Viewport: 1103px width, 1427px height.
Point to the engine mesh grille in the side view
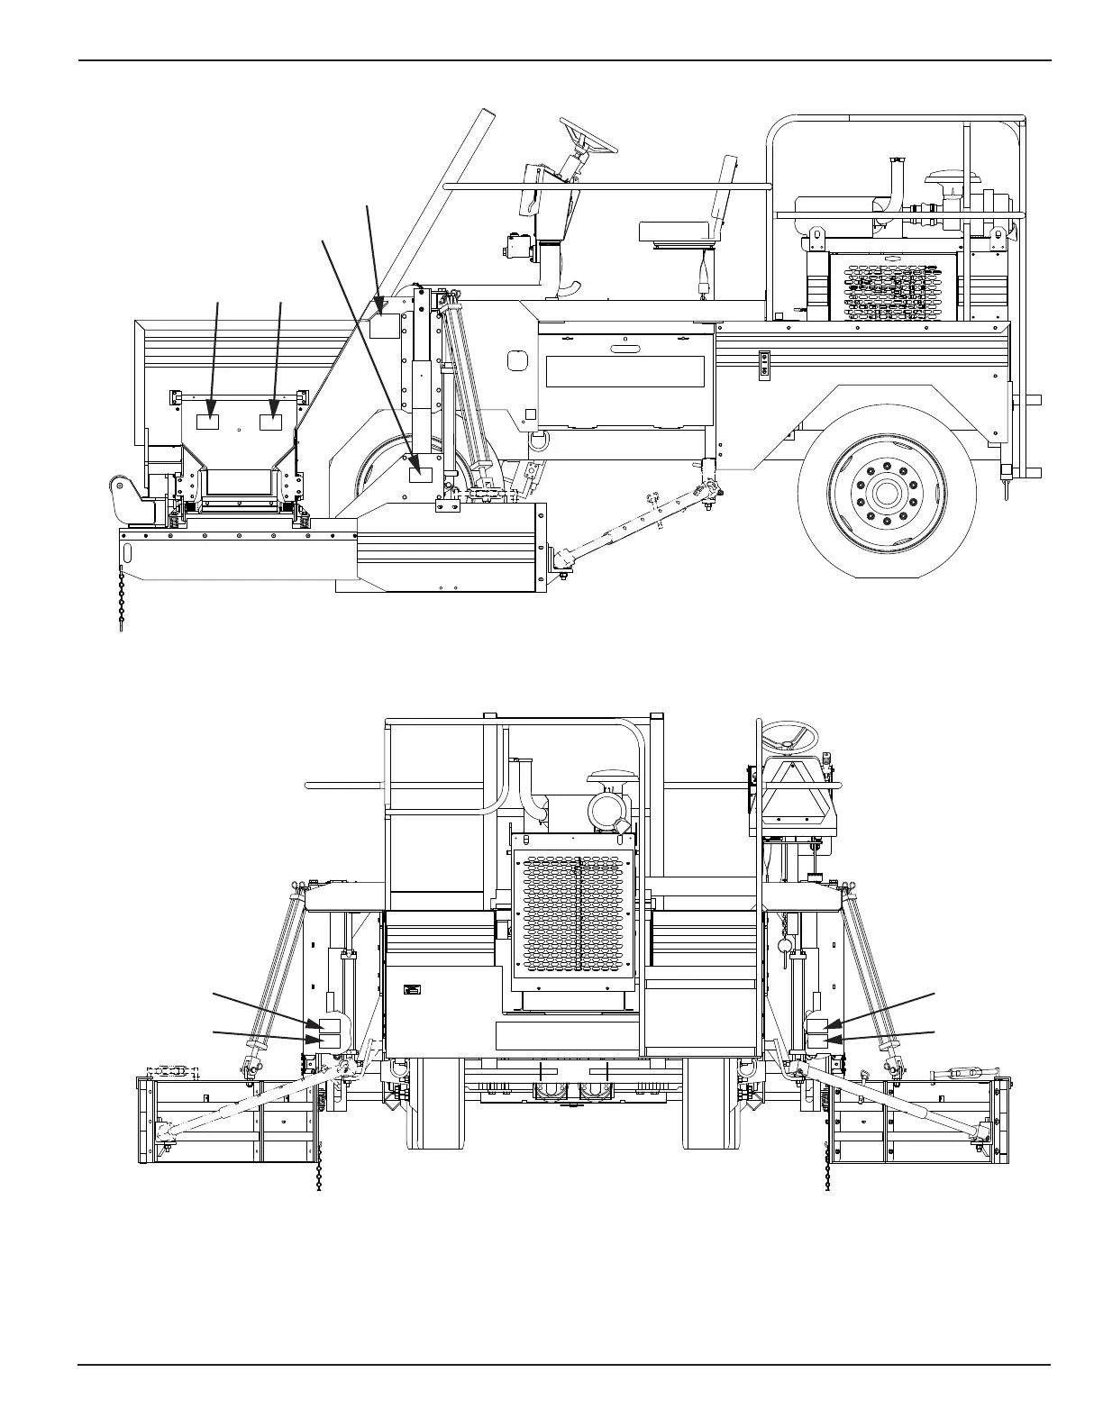892,286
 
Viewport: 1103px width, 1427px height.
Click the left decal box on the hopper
209,421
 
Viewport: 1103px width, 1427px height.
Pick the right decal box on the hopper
271,421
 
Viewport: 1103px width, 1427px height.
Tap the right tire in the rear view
712,1104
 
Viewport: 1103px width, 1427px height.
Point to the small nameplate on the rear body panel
413,988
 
